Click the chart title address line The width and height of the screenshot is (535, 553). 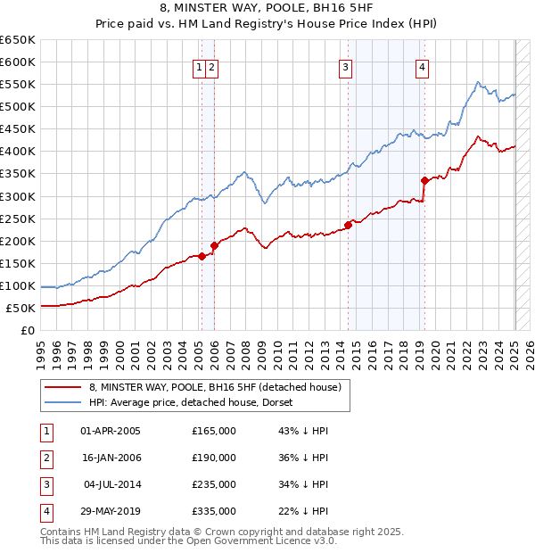[x=267, y=9]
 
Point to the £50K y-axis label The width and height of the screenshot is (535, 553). [x=21, y=308]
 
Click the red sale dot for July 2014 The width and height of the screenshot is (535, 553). [x=349, y=225]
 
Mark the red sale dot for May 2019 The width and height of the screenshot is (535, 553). [x=425, y=180]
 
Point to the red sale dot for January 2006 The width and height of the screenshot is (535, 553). [x=214, y=245]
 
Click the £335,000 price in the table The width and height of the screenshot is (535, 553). [x=214, y=511]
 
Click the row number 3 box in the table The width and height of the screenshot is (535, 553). [x=45, y=484]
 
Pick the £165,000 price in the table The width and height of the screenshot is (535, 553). [x=214, y=431]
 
